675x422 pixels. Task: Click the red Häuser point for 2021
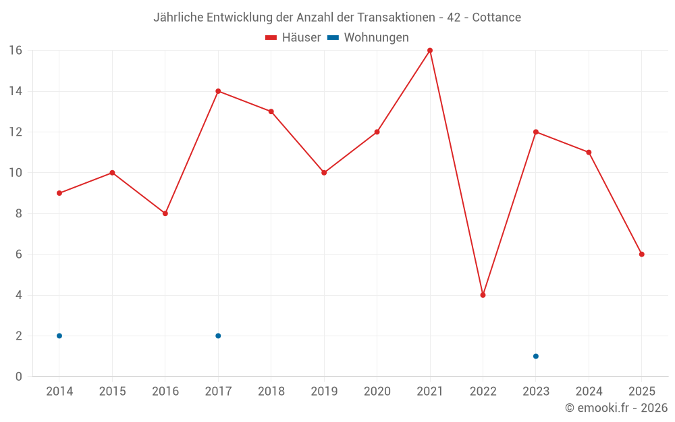click(430, 51)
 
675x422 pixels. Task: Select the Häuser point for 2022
click(483, 295)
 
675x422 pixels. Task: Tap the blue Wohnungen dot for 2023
click(536, 356)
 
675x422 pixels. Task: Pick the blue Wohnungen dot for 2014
click(59, 336)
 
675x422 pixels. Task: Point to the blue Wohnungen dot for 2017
click(218, 336)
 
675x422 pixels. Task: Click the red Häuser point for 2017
click(218, 91)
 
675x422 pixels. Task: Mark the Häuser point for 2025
click(642, 255)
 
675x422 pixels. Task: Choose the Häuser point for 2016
click(165, 213)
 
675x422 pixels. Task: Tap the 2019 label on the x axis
click(324, 392)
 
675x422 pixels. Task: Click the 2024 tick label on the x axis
click(589, 392)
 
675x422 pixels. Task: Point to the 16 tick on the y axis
click(16, 51)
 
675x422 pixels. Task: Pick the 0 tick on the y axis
click(19, 377)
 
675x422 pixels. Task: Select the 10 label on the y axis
click(16, 173)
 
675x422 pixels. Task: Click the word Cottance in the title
click(497, 18)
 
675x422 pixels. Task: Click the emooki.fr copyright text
click(616, 408)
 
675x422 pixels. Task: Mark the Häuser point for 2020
click(377, 132)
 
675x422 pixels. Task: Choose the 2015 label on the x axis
click(112, 392)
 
